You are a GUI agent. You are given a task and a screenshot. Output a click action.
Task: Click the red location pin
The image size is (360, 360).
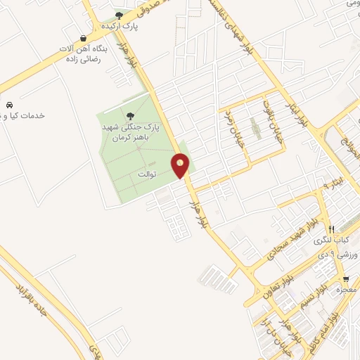(181, 166)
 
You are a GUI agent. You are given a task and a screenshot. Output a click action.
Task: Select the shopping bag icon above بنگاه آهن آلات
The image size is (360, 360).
(84, 39)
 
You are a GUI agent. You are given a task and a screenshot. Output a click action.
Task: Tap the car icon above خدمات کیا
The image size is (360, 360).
(9, 104)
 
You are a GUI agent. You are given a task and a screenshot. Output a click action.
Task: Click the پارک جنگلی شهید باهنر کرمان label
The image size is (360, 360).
(131, 129)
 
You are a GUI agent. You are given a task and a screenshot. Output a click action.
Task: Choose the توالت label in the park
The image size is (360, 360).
(148, 172)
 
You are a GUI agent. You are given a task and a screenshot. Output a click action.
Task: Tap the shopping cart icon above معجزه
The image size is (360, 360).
(345, 278)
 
